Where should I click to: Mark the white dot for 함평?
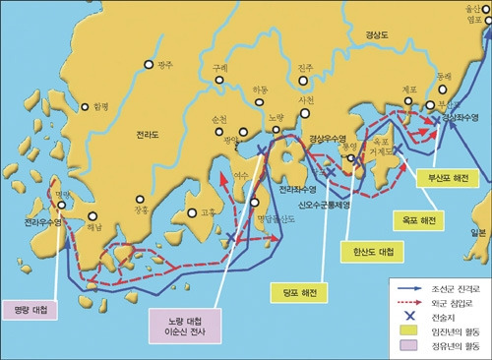(x=87, y=106)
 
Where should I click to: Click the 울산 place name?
(x=475, y=6)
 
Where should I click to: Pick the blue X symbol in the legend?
(x=404, y=319)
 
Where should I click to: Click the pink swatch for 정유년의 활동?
(x=404, y=347)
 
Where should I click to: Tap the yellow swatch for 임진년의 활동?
(x=404, y=333)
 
